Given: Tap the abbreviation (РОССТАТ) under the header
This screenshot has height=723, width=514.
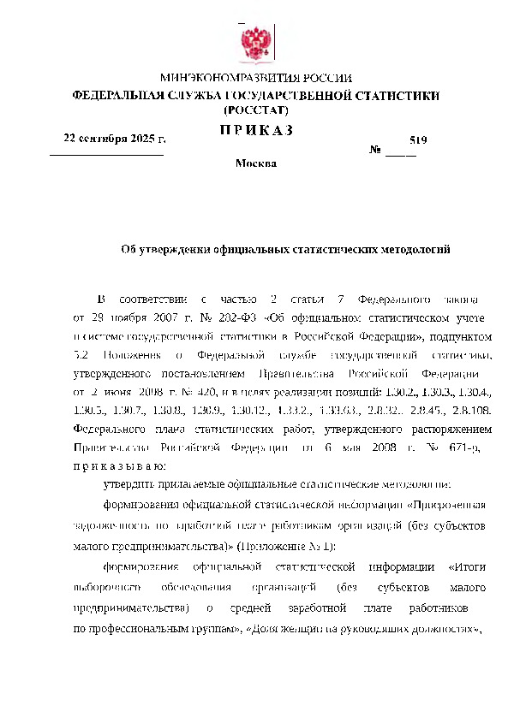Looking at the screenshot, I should pos(256,110).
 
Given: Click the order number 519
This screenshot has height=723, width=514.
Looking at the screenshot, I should pos(418,139).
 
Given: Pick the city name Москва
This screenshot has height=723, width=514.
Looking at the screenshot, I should pos(255,163).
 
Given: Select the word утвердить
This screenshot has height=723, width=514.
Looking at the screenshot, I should pos(128,485).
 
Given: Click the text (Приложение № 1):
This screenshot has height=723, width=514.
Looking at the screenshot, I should pos(288,546).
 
